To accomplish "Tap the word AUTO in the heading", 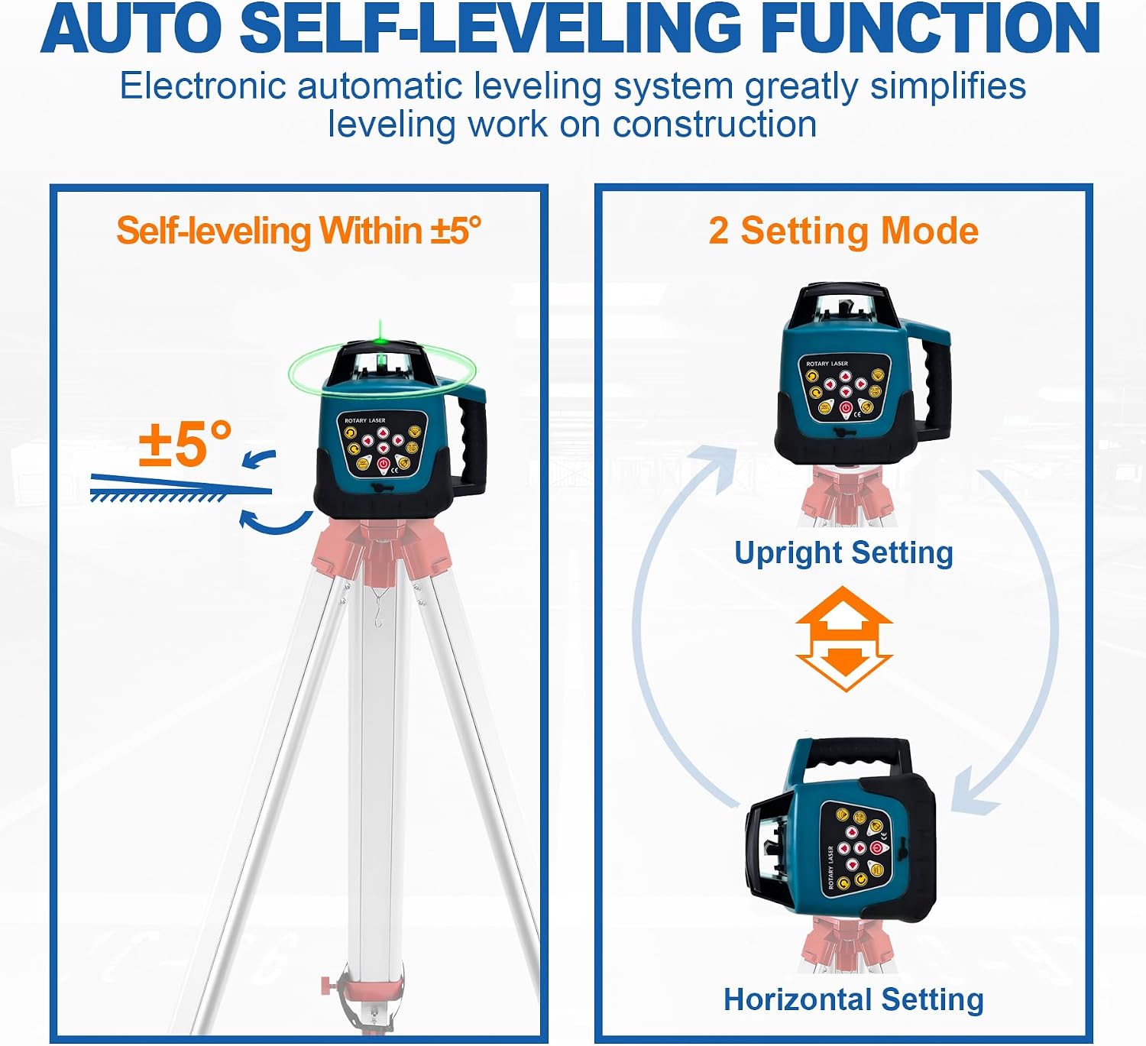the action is [x=132, y=28].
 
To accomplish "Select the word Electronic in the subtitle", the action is [x=203, y=87].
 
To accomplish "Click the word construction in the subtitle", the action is [x=714, y=125].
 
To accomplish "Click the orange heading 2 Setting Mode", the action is [x=843, y=231].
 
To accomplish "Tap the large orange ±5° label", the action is [x=186, y=444].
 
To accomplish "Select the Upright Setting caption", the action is [x=843, y=553].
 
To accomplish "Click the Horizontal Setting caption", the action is [x=853, y=999].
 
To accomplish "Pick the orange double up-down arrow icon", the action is [x=843, y=639].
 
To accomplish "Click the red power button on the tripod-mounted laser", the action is [x=384, y=465].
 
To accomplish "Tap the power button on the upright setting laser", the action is [x=846, y=408].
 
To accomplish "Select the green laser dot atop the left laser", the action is [x=379, y=342].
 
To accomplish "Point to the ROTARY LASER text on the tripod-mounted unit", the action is [x=365, y=420].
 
